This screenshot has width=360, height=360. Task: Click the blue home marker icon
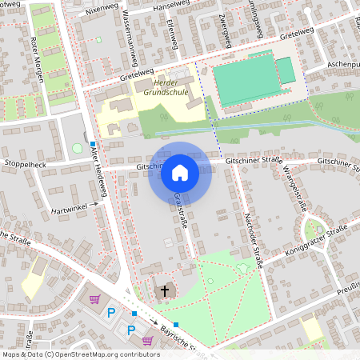click(180, 172)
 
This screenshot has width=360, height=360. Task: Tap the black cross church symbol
click(165, 290)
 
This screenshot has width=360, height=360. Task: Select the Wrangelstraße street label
click(301, 190)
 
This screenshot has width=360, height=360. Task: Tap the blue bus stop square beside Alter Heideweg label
click(93, 145)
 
